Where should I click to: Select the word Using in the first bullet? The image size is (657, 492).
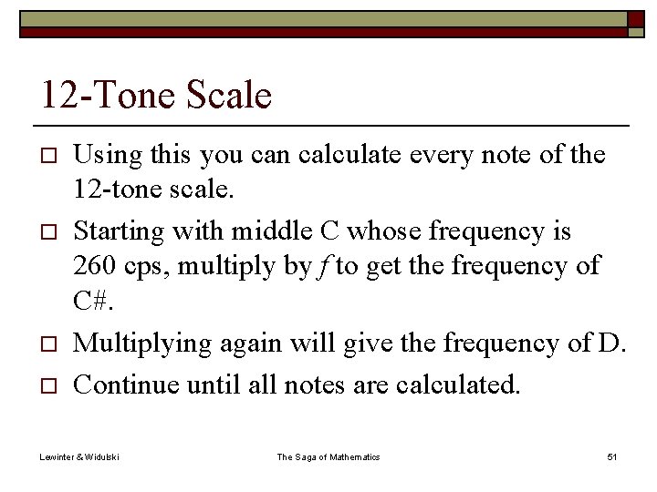click(x=103, y=156)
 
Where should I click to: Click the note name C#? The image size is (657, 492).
click(x=93, y=302)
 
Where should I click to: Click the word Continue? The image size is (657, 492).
click(x=125, y=384)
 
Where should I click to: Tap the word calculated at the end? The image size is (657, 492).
click(x=458, y=384)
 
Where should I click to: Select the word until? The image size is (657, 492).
click(x=212, y=384)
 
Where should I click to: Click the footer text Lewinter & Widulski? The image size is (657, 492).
click(x=79, y=456)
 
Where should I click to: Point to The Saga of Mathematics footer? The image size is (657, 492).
click(x=328, y=456)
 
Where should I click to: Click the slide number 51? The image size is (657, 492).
click(x=611, y=456)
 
